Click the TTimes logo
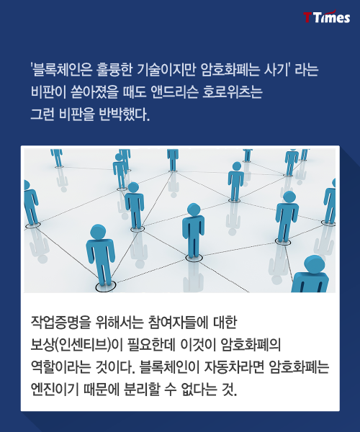pos(327,17)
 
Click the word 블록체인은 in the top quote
pos(61,69)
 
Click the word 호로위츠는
pos(232,91)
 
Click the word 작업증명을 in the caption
pos(60,322)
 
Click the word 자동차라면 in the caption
pos(234,366)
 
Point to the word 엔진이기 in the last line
pos(55,389)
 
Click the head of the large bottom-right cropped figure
pos(314,264)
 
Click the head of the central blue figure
pos(194,210)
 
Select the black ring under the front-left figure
pos(106,287)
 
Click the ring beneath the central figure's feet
pos(194,258)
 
